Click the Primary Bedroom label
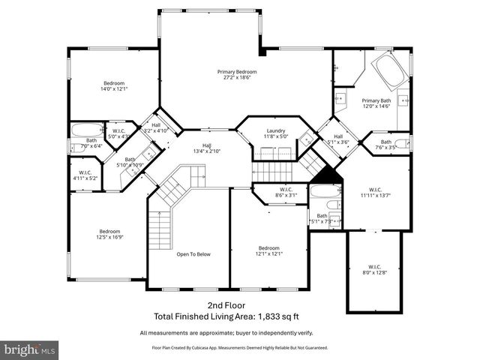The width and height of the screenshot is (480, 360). tap(232, 72)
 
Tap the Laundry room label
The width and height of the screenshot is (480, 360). tap(276, 130)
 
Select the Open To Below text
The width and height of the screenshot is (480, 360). tap(193, 254)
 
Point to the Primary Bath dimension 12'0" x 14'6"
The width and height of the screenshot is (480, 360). tap(376, 106)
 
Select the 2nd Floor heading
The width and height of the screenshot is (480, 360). tap(225, 307)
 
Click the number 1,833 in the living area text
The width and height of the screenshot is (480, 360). tap(264, 316)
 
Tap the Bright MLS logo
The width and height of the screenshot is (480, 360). tap(30, 349)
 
